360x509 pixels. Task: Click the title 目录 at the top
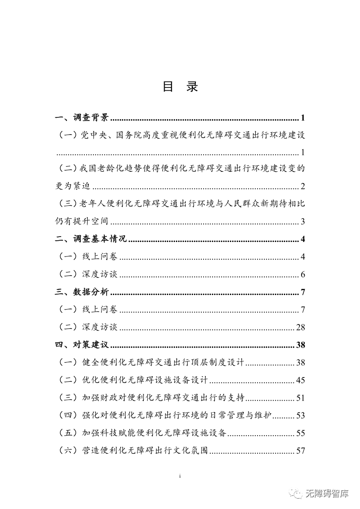tap(180, 87)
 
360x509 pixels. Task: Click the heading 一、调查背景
tap(82, 119)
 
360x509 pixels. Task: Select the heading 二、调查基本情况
tap(91, 239)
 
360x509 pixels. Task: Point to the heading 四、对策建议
tap(82, 345)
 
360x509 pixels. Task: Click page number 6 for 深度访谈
tap(302, 275)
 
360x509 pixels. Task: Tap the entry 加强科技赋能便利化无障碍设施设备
tap(154, 433)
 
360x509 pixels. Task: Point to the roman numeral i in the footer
tap(180, 476)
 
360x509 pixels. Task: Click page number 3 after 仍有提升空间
tap(302, 222)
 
